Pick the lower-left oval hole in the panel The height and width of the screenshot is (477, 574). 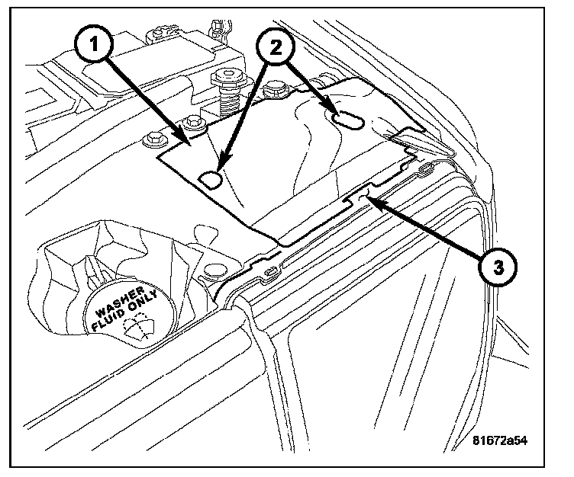[211, 178]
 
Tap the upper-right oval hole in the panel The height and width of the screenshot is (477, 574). [347, 120]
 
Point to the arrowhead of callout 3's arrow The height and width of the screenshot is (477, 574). [369, 200]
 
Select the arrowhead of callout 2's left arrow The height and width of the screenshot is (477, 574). [219, 168]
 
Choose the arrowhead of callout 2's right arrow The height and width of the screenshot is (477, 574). [334, 111]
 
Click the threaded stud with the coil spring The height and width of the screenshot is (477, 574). [227, 91]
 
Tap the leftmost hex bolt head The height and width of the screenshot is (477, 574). [153, 139]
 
